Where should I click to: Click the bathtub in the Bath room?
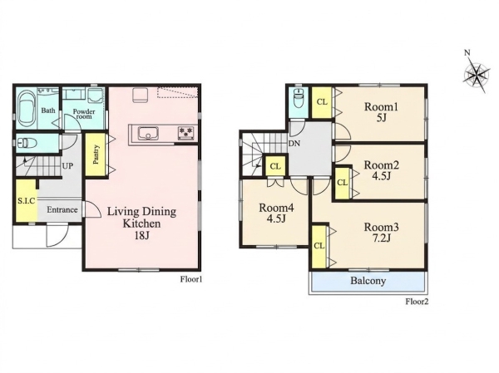(26, 110)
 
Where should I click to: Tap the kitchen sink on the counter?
(148, 133)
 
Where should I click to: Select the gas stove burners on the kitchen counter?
(185, 133)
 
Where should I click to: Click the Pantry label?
(96, 155)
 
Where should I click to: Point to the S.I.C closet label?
(26, 201)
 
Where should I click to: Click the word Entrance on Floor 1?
(62, 210)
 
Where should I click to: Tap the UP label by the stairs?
(67, 166)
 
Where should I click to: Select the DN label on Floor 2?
(294, 144)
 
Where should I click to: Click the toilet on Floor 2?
(299, 99)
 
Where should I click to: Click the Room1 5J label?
(381, 112)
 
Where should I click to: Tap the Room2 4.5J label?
(381, 170)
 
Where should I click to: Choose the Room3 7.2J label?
(381, 233)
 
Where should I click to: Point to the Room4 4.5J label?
(276, 213)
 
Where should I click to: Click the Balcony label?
(368, 281)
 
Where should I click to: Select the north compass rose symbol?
(476, 76)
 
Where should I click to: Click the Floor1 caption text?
(191, 279)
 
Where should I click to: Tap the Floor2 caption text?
(417, 302)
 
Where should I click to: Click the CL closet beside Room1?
(322, 102)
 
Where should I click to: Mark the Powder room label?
(84, 114)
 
